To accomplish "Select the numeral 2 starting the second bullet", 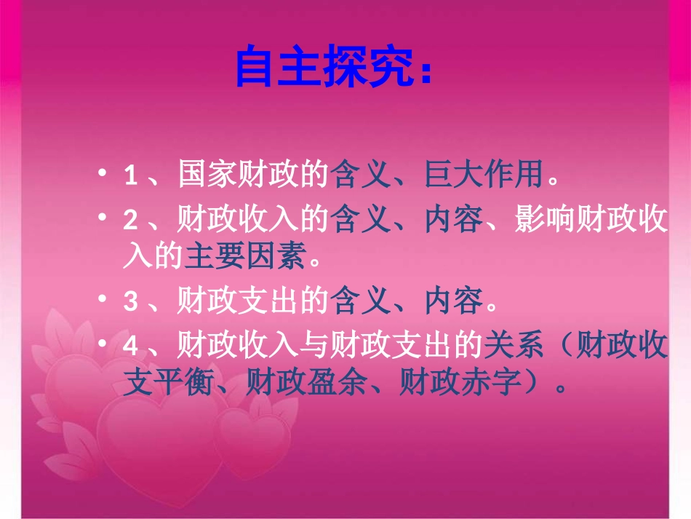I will [131, 219].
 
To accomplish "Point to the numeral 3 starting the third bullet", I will [131, 301].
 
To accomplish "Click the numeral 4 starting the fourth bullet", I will [131, 345].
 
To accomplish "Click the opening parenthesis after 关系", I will [560, 345].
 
